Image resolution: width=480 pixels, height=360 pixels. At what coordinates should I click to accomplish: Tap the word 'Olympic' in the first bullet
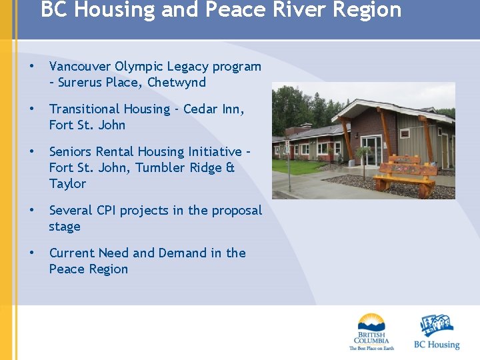pyautogui.click(x=139, y=67)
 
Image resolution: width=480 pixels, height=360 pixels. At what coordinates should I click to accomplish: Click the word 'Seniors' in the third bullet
pyautogui.click(x=71, y=151)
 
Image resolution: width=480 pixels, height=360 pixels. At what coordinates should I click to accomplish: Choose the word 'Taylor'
pyautogui.click(x=67, y=183)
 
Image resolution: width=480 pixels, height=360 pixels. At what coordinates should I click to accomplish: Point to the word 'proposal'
pyautogui.click(x=237, y=210)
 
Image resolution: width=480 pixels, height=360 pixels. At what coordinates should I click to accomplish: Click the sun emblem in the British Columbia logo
pyautogui.click(x=371, y=321)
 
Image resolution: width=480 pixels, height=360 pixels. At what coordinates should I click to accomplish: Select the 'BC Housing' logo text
pyautogui.click(x=437, y=345)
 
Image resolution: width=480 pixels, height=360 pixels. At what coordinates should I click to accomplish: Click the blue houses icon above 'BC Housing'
pyautogui.click(x=437, y=325)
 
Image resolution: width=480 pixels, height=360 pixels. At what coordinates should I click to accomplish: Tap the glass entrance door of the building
pyautogui.click(x=371, y=151)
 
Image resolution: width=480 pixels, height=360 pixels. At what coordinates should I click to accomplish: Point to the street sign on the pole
pyautogui.click(x=287, y=145)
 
